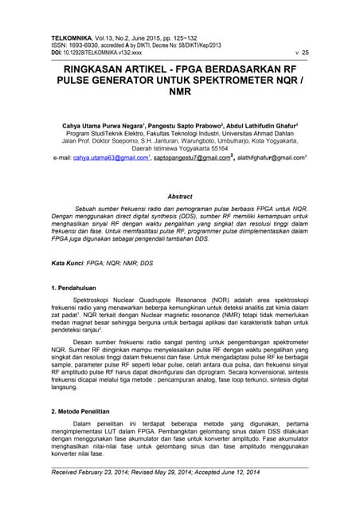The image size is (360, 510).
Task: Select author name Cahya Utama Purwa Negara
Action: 100,125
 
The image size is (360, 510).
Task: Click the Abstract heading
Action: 180,196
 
